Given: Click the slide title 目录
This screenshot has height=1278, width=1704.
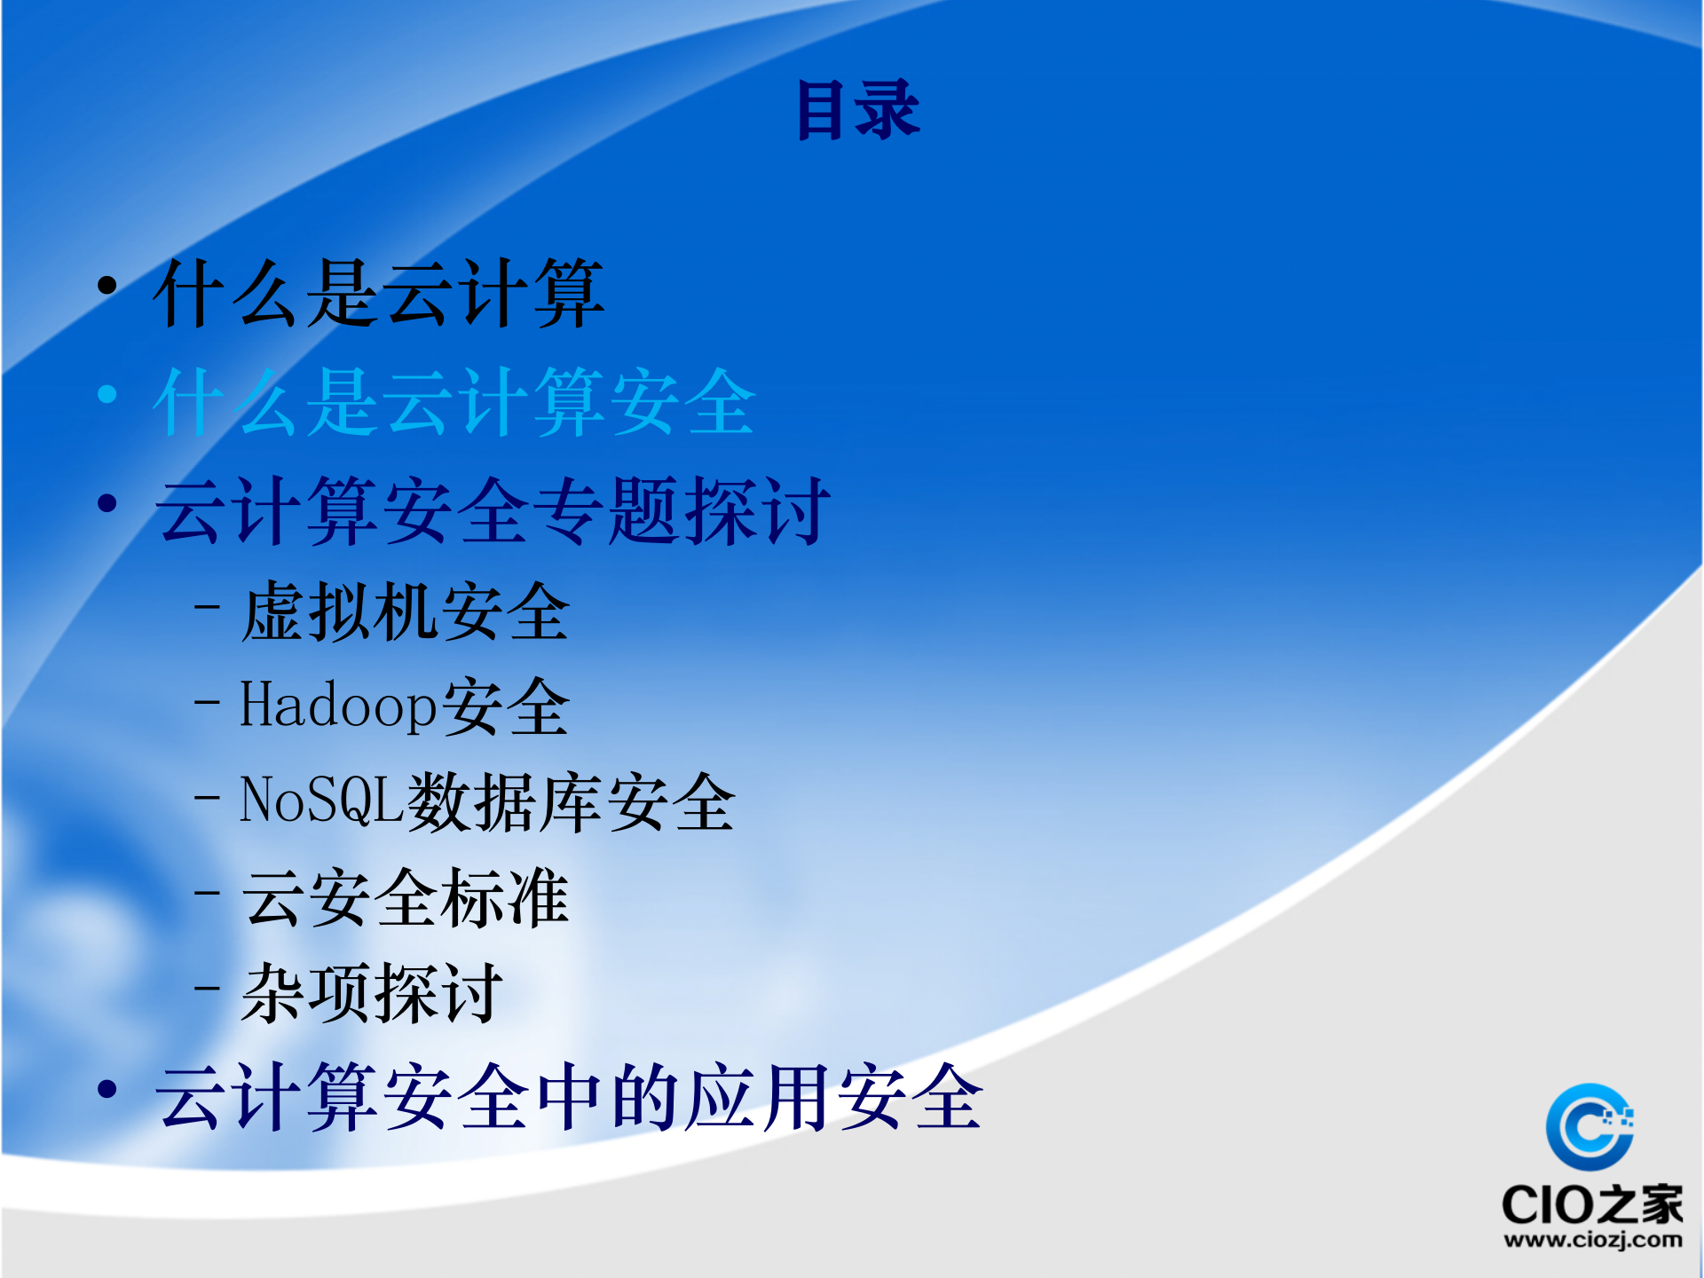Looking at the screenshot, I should [858, 110].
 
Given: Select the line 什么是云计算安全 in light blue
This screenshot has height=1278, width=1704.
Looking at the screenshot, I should [454, 403].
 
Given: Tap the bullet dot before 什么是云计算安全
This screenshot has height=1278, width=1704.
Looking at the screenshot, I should [107, 394].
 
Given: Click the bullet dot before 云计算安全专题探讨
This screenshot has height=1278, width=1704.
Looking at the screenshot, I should [107, 503].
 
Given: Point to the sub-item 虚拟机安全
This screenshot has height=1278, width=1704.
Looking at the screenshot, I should [406, 612].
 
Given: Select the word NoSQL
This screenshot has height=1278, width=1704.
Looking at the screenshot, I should [322, 801].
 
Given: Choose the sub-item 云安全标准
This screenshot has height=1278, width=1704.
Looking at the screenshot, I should [406, 898].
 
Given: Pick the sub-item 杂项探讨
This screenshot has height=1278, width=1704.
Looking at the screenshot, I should [372, 994].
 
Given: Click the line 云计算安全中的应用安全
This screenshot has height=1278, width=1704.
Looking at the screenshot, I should [569, 1098].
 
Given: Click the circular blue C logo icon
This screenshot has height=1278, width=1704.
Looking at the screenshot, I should [1590, 1126].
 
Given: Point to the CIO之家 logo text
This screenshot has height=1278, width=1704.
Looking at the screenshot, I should [1592, 1204].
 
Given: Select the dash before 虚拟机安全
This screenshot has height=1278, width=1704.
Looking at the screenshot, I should [207, 608].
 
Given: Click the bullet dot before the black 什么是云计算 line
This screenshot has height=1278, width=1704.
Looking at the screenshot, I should [107, 286].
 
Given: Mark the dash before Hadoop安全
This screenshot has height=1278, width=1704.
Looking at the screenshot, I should [207, 702].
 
